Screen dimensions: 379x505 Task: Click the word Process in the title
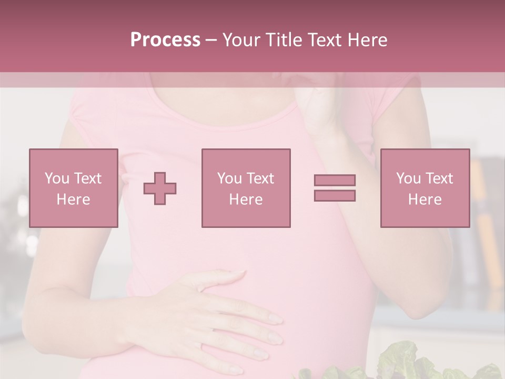pyautogui.click(x=165, y=40)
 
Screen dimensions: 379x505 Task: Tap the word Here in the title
pyautogui.click(x=367, y=40)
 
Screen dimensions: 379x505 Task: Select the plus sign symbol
pyautogui.click(x=160, y=188)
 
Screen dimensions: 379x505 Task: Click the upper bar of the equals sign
pyautogui.click(x=335, y=180)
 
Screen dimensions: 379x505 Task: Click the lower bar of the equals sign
pyautogui.click(x=335, y=195)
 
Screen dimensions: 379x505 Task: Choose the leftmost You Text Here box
pyautogui.click(x=73, y=188)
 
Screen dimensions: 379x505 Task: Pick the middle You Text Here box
pyautogui.click(x=246, y=188)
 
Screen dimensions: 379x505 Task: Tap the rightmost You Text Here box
pyautogui.click(x=425, y=188)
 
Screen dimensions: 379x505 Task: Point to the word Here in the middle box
pyautogui.click(x=246, y=200)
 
